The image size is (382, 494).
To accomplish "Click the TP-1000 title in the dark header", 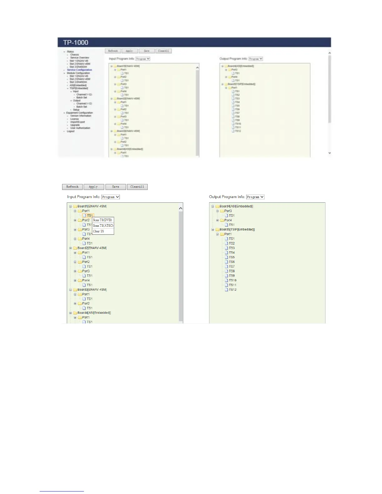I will tap(76, 43).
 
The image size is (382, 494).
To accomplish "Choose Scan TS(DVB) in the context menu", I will tap(102, 220).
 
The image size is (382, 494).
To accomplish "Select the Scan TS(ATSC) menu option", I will tap(103, 225).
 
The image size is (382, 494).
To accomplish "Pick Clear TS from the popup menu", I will tap(99, 231).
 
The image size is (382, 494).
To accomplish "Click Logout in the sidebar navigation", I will tap(71, 131).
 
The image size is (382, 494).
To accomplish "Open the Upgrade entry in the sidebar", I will tap(75, 125).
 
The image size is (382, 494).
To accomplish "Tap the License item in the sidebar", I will tap(75, 119).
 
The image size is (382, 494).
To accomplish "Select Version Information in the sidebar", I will tap(81, 116).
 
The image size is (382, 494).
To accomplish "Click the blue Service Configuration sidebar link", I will tap(80, 70).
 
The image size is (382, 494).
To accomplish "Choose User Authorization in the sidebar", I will tap(80, 128).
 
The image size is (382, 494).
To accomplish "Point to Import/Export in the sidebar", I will tap(77, 122).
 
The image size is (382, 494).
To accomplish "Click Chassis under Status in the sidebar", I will tap(75, 55).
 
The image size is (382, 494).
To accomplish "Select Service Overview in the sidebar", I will tap(80, 58).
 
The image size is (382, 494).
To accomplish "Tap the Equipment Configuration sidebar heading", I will tap(80, 113).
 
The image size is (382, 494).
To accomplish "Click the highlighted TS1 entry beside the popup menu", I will tap(90, 216).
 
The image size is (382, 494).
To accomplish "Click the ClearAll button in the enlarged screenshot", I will tap(137, 187).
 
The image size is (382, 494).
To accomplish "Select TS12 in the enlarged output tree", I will tap(233, 290).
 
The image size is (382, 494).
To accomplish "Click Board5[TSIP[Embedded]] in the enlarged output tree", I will tap(237, 230).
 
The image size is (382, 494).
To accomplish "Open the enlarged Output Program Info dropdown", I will tap(255, 197).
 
